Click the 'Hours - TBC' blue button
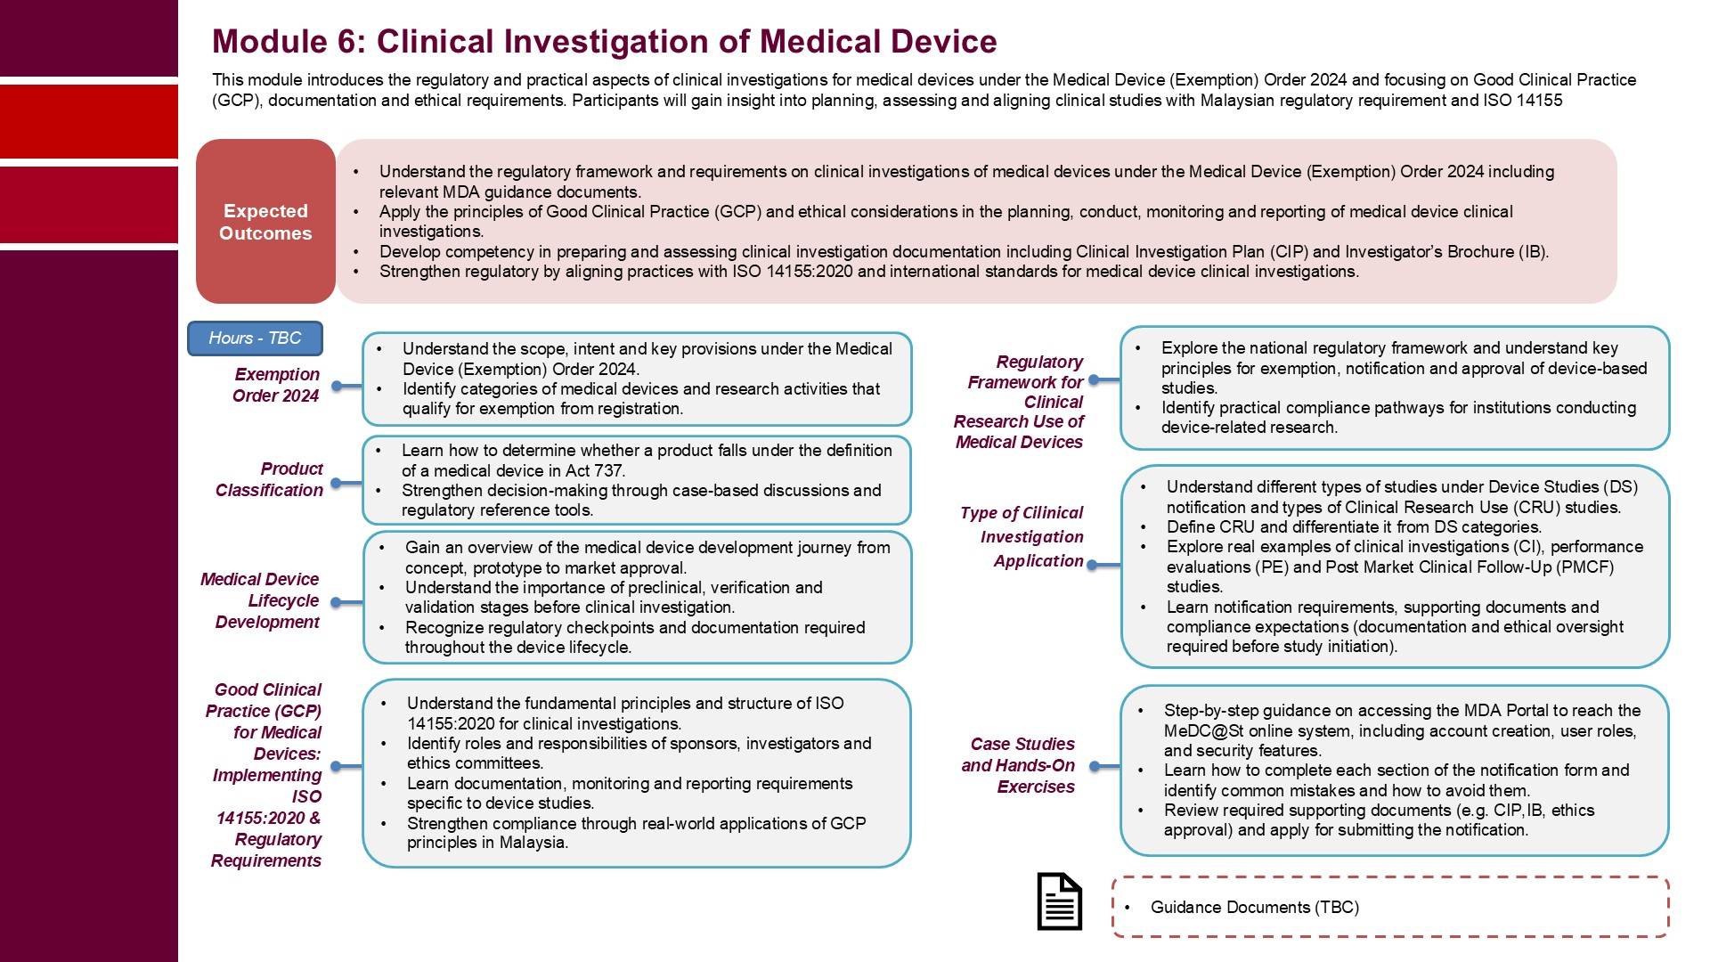[x=255, y=338]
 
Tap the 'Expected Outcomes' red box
[x=265, y=222]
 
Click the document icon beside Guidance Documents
[x=1059, y=901]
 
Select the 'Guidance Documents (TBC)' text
[x=1254, y=908]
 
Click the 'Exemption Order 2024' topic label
[x=276, y=385]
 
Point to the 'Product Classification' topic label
[x=269, y=479]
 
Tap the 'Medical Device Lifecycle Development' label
[x=260, y=600]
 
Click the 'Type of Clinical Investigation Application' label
[x=1023, y=536]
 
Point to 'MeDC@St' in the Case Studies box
[x=1197, y=731]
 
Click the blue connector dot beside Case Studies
[x=1095, y=766]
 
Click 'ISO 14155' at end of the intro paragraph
[x=1522, y=101]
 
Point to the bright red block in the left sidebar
[x=89, y=122]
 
